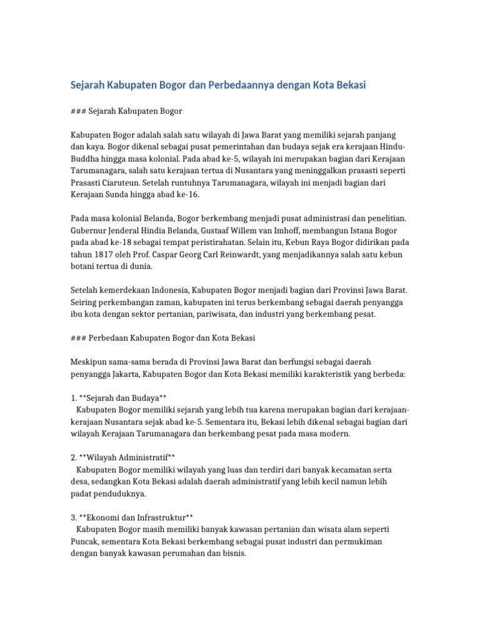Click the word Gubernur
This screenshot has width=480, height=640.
[x=90, y=231]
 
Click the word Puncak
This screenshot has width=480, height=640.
[x=85, y=541]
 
